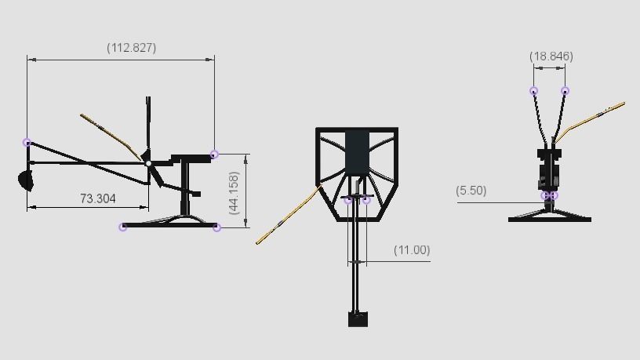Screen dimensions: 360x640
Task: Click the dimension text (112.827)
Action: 131,48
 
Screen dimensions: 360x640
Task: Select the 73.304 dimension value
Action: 98,199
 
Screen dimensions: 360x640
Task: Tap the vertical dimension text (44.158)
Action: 234,192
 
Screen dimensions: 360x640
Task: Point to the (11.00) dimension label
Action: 412,250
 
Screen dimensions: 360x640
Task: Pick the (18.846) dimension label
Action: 551,56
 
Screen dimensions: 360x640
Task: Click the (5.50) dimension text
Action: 471,191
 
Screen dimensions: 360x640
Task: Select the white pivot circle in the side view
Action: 148,163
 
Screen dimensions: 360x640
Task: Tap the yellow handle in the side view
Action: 110,130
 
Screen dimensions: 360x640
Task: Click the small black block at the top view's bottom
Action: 358,318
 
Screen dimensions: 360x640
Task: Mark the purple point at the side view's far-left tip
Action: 27,143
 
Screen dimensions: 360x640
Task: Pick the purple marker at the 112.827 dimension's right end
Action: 214,155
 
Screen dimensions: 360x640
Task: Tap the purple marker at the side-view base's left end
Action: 122,227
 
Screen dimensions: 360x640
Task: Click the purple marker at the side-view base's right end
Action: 217,227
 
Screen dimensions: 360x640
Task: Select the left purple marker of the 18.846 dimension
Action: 533,91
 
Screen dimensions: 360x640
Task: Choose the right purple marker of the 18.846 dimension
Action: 565,91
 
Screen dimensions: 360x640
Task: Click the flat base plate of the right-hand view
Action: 549,219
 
